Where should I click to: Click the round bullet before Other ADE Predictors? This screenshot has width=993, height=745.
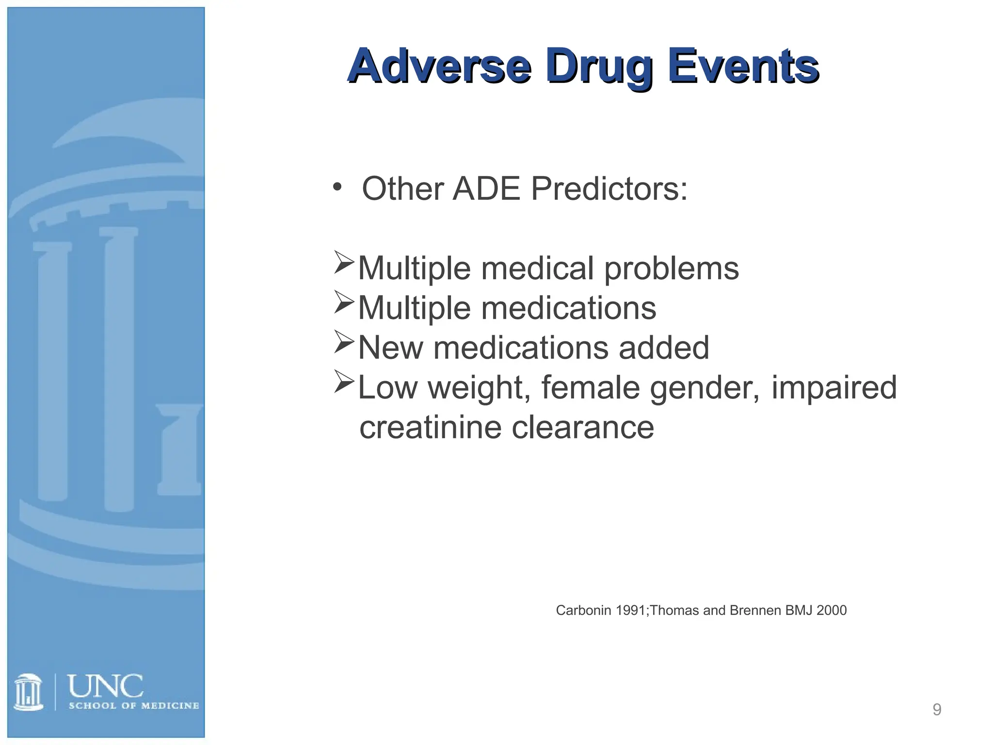[x=337, y=187]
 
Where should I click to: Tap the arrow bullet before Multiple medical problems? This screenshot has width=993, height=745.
[x=344, y=263]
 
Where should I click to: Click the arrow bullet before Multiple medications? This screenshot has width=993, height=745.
[x=344, y=303]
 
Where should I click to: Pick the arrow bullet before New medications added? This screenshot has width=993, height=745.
[x=344, y=342]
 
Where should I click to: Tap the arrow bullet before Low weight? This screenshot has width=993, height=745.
[x=344, y=382]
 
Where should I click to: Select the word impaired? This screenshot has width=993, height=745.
[x=834, y=388]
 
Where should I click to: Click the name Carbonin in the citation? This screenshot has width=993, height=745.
[x=583, y=610]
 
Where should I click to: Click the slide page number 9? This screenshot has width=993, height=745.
[x=937, y=710]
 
